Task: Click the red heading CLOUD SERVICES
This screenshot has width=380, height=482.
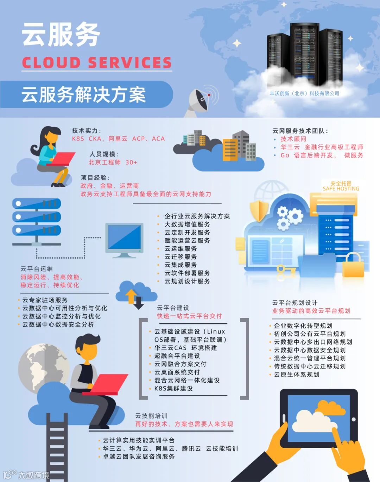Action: point(97,63)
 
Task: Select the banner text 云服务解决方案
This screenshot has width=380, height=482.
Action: point(84,94)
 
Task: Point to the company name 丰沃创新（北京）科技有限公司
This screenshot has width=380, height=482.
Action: point(304,93)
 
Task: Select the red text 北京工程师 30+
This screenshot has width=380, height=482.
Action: point(113,162)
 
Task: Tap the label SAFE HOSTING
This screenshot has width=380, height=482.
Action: point(341,189)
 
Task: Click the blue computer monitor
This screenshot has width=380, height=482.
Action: point(125,238)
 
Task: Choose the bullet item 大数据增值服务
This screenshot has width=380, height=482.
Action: point(187,224)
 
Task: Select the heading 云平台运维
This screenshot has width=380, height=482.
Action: point(37,269)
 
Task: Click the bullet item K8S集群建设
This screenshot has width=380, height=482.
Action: point(173,388)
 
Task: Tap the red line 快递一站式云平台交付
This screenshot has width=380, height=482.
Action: point(189,316)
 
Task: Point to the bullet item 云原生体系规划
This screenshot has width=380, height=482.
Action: point(297,375)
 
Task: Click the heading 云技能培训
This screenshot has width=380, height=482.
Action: point(151,416)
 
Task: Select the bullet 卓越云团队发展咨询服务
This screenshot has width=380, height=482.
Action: point(139,457)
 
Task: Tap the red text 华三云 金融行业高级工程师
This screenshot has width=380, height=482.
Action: point(322,147)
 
